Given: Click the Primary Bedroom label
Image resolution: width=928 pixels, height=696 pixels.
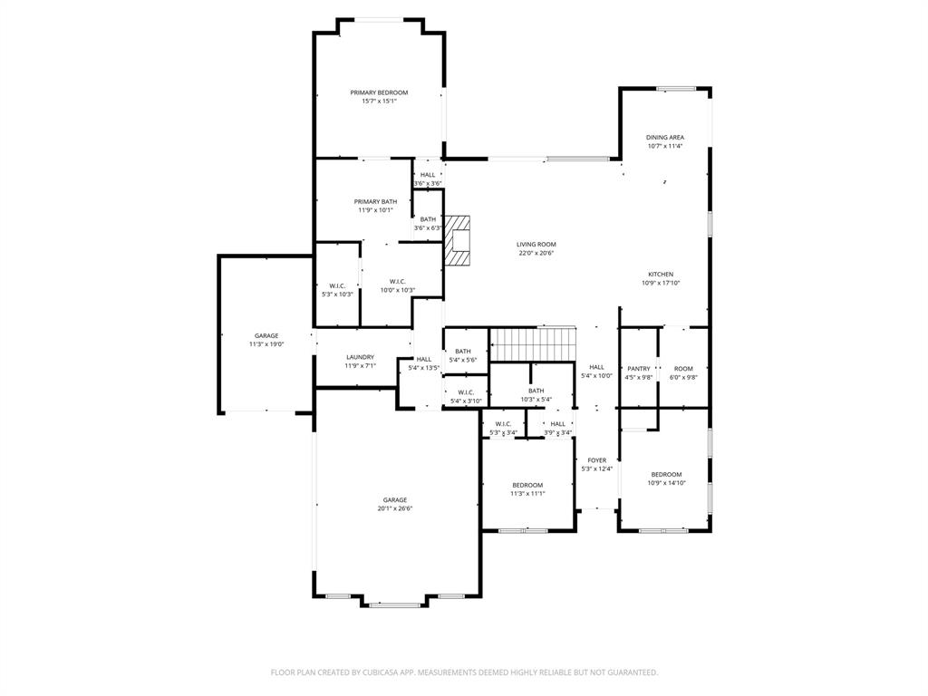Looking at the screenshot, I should point(379,92).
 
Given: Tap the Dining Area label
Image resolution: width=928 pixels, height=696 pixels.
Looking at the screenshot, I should point(664,138).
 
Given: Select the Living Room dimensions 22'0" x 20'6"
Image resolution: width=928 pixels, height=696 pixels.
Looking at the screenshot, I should point(536,253).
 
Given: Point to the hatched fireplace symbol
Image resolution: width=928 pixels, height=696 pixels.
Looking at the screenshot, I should point(459,240).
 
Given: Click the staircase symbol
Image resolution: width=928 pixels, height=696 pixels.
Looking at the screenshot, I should point(533,344).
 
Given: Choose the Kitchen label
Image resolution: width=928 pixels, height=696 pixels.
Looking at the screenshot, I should point(660,275).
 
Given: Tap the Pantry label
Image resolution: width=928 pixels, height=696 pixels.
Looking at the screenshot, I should point(638,369).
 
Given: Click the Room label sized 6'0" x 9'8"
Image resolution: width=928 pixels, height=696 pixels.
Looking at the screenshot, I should point(682,369).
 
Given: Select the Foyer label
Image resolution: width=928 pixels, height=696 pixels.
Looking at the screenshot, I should point(596,460).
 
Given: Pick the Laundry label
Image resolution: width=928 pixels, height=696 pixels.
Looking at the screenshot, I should point(359,357).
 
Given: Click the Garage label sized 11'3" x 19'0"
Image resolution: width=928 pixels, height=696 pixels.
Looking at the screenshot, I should point(266,336).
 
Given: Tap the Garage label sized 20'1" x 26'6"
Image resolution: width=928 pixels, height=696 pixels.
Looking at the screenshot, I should point(394,500).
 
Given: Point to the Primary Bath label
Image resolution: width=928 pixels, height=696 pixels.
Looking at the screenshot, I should point(375,201).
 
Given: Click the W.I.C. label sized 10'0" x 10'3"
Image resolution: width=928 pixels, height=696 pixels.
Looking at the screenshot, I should point(397,281).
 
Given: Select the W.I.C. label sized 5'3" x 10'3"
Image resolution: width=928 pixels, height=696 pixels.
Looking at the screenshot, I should point(337,285).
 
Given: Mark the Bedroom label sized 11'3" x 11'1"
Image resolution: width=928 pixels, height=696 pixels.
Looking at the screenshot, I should point(527,485).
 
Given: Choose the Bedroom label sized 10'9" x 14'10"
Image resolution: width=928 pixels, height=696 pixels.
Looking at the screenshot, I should point(666,475).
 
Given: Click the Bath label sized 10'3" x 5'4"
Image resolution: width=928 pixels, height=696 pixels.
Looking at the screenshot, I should point(536,391).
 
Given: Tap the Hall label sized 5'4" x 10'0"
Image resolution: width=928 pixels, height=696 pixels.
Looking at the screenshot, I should point(596,367).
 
